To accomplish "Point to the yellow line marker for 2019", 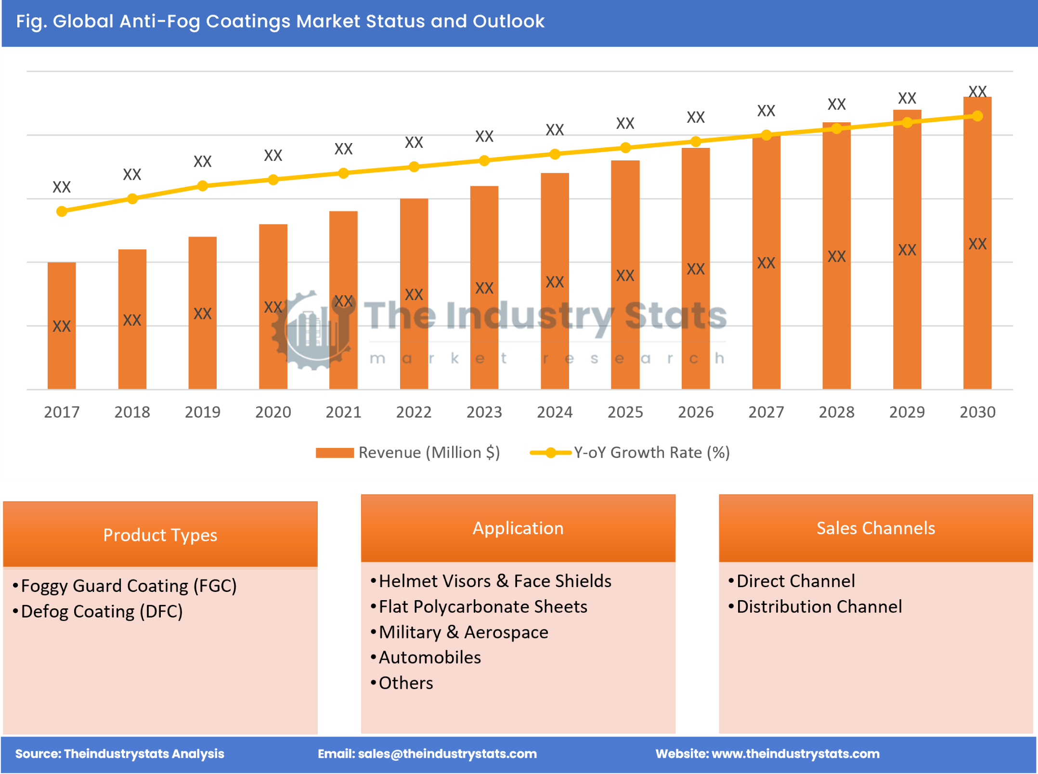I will tap(203, 186).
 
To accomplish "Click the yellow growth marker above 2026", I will tap(695, 142).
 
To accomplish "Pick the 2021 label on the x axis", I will tap(343, 412).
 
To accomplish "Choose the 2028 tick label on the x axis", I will tap(836, 412).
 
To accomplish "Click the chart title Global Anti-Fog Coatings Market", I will tap(280, 22).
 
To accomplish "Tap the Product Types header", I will tap(160, 535).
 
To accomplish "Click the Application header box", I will tap(518, 528).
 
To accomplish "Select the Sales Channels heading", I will tap(875, 528).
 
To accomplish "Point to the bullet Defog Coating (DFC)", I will tap(102, 612).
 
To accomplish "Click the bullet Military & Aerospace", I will tap(463, 632).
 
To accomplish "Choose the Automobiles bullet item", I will tap(429, 658).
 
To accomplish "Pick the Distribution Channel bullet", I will tap(819, 607).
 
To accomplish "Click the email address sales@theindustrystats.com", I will tap(447, 754).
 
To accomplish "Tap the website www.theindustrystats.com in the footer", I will tap(795, 754).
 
